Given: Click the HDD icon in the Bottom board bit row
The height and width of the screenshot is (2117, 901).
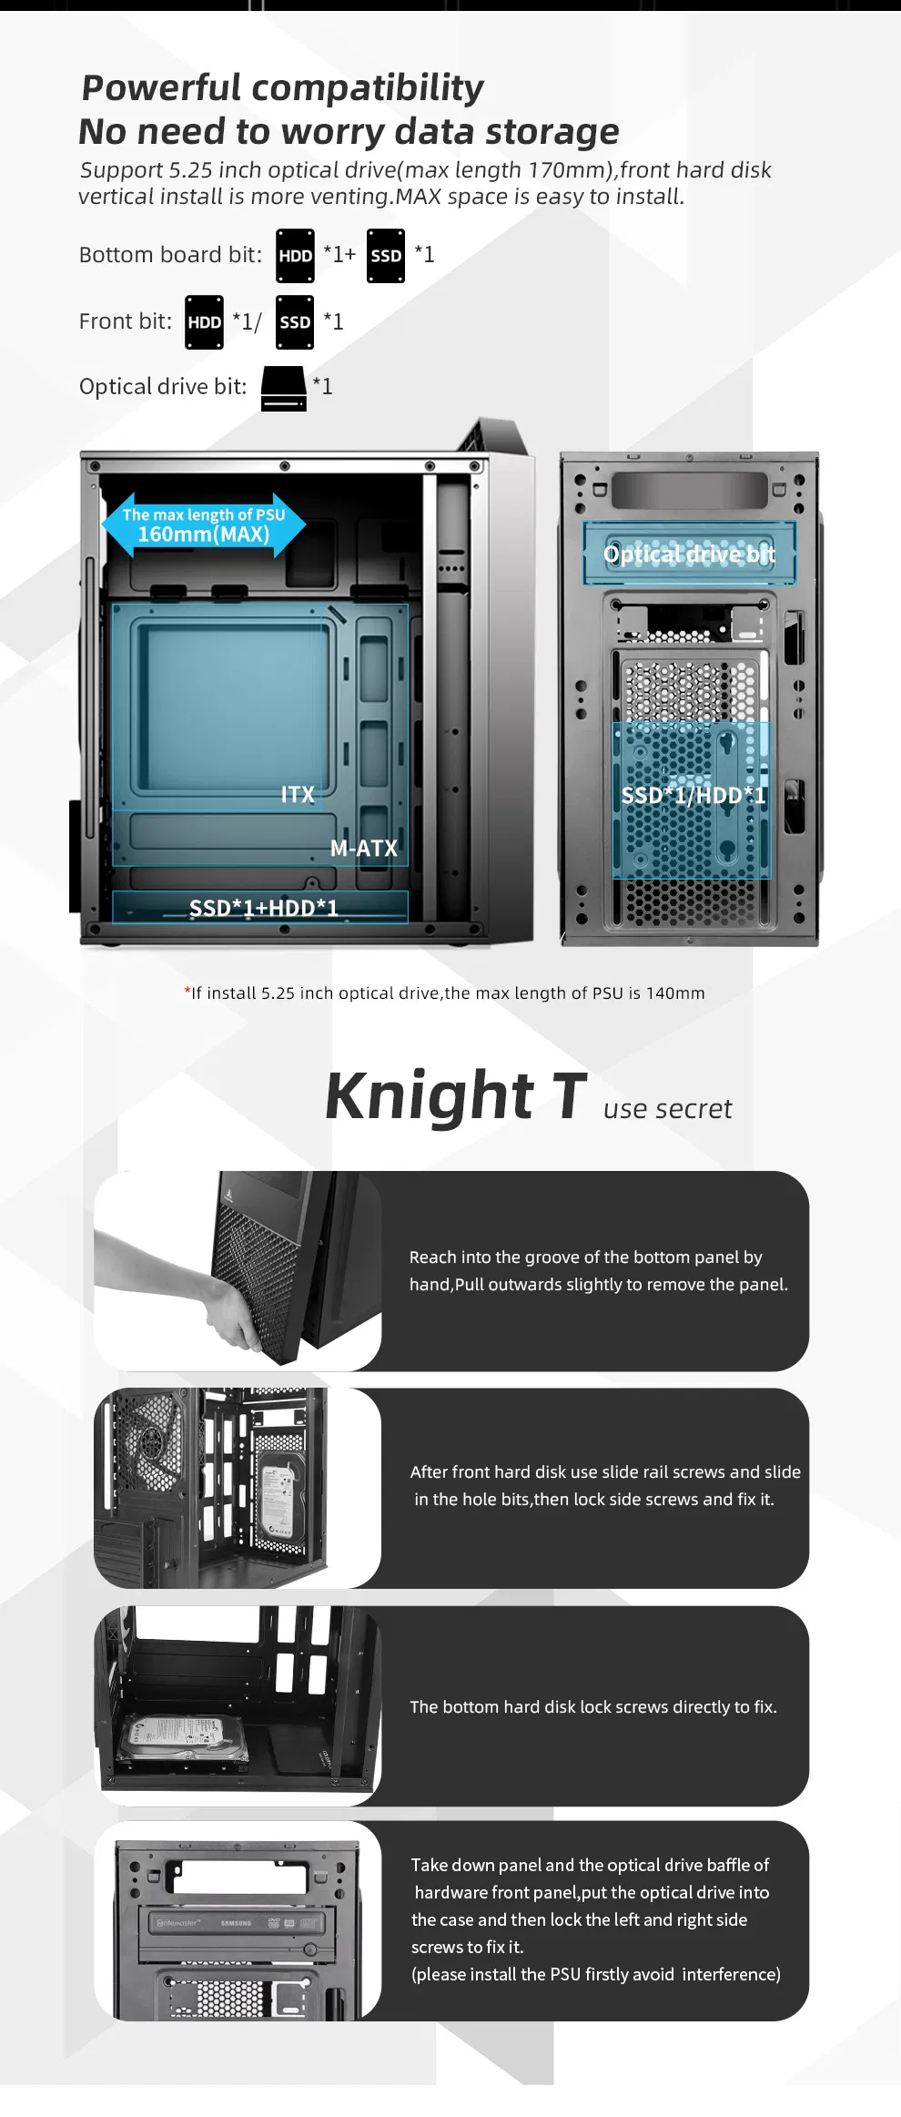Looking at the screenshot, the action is (x=296, y=256).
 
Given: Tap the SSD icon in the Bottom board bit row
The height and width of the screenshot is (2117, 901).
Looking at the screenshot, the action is (x=386, y=256).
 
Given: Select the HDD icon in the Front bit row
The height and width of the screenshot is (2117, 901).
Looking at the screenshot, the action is (x=204, y=322).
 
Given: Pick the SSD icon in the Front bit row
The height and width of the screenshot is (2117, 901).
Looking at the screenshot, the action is (x=295, y=322).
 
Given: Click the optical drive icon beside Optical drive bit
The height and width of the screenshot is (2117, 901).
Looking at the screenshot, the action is (x=284, y=389).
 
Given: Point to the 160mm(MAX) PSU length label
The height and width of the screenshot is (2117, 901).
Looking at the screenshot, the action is (x=204, y=534).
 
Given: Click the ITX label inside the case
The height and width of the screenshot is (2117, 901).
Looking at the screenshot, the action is (x=298, y=795).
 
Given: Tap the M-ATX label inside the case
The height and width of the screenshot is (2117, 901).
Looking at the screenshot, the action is (x=364, y=849).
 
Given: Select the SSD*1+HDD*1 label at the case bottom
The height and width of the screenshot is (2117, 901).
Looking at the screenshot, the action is (x=264, y=908).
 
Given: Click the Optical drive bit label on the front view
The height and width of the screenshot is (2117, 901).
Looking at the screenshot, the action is (x=689, y=554).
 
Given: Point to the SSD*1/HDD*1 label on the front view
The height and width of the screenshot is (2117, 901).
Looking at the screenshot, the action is (x=693, y=795).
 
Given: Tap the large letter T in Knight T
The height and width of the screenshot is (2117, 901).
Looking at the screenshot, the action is (x=569, y=1095).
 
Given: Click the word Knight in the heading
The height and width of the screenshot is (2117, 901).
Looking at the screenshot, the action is (x=430, y=1097).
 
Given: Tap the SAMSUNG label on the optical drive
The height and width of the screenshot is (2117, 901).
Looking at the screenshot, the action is (x=237, y=1923).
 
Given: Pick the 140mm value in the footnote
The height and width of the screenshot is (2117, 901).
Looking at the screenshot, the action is (x=675, y=992).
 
